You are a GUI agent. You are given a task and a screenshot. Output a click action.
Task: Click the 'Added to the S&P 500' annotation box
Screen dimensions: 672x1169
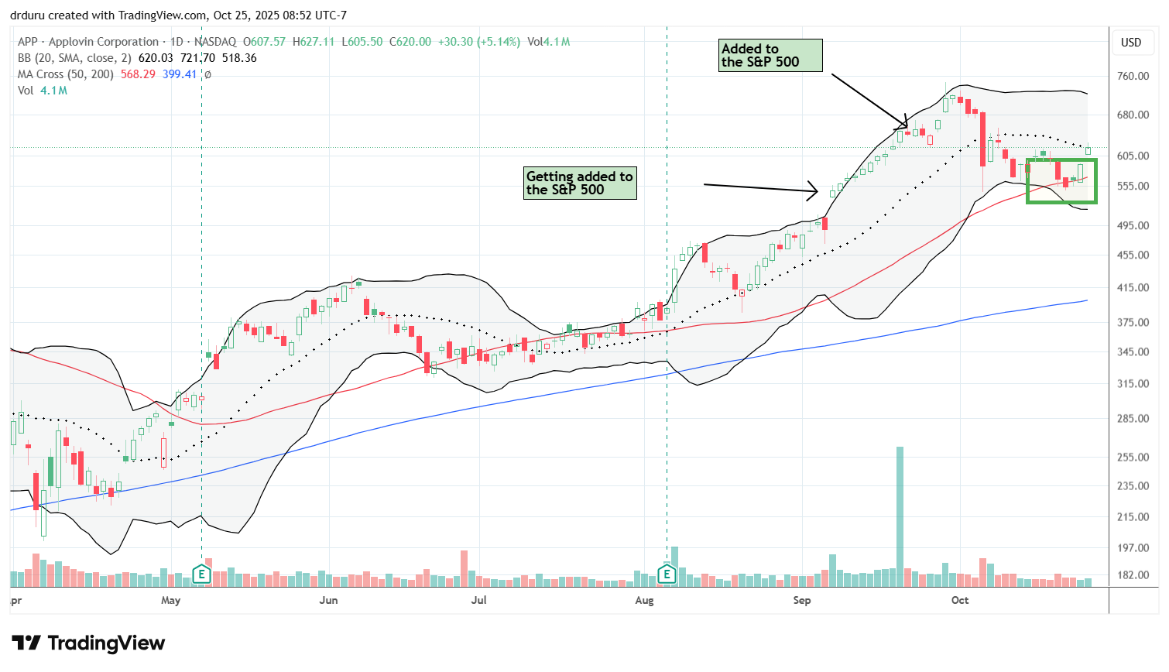(x=770, y=56)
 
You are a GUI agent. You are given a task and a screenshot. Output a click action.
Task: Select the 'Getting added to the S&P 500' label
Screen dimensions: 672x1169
(x=580, y=183)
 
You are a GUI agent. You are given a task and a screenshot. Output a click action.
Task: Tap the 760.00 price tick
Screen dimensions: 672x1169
(x=1133, y=76)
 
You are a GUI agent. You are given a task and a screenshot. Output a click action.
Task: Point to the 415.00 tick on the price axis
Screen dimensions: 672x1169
(x=1133, y=287)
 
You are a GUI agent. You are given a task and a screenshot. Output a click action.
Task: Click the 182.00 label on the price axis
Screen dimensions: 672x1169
(x=1133, y=575)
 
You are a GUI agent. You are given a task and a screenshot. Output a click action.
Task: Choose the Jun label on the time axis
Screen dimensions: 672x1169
(x=328, y=600)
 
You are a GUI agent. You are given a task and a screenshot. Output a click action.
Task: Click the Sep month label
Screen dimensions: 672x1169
(x=802, y=600)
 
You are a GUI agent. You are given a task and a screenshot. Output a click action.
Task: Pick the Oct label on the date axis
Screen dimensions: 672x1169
(x=960, y=600)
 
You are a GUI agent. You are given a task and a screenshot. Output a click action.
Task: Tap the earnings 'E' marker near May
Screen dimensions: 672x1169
(x=201, y=574)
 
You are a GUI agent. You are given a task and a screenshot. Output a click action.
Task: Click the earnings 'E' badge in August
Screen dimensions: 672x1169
(x=667, y=574)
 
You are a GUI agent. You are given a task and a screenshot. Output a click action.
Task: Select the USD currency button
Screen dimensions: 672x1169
(x=1131, y=43)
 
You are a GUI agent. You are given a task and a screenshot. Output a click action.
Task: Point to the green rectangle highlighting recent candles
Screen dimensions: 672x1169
(x=1061, y=181)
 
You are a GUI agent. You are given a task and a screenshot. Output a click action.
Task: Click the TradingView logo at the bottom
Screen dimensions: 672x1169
(x=88, y=643)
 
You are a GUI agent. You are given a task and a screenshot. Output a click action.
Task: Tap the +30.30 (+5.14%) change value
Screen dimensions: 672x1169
(x=479, y=42)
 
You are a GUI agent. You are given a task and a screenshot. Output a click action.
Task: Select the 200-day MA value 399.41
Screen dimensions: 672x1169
(x=180, y=74)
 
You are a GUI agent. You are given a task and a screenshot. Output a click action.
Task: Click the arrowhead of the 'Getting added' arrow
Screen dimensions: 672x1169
(x=814, y=190)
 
